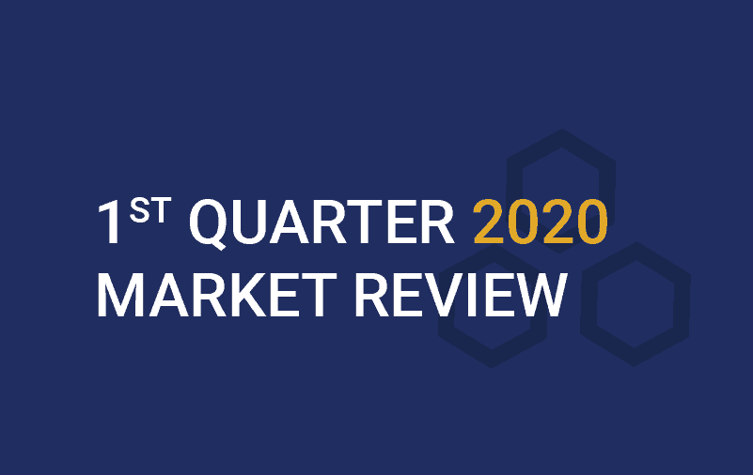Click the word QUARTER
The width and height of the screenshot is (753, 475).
tap(322, 222)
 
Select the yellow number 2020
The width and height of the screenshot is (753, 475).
tap(541, 222)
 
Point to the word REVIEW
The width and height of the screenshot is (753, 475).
tap(461, 295)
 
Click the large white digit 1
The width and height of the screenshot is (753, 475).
tap(109, 222)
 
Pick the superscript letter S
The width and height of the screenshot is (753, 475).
tap(139, 210)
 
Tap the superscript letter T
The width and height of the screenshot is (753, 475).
tap(161, 210)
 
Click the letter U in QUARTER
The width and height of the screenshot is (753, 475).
tap(248, 222)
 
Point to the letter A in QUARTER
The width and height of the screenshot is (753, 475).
tap(289, 222)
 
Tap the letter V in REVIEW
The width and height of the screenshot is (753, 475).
tap(442, 295)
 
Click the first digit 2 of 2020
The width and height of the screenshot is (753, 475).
tap(489, 222)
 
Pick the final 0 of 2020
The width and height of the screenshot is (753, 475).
tap(592, 222)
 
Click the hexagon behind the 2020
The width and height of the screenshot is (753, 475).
tap(514, 192)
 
